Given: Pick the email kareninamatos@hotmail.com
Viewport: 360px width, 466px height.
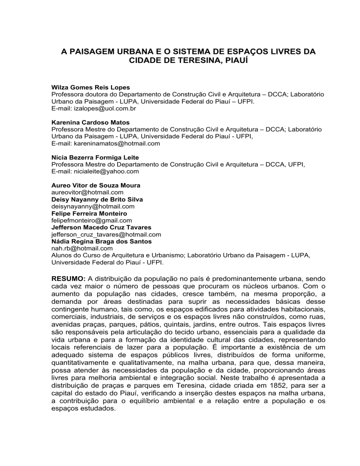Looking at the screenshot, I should pyautogui.click(x=105, y=144).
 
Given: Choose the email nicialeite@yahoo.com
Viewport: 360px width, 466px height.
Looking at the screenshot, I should pyautogui.click(x=95, y=172).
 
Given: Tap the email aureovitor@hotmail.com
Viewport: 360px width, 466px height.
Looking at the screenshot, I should pyautogui.click(x=87, y=192).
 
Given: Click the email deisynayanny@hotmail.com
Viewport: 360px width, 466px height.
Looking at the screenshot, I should pyautogui.click(x=92, y=206).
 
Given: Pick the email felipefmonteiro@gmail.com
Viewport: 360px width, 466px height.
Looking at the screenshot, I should pyautogui.click(x=91, y=220).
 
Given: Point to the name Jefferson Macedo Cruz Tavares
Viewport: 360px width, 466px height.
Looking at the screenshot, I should pyautogui.click(x=101, y=227).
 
